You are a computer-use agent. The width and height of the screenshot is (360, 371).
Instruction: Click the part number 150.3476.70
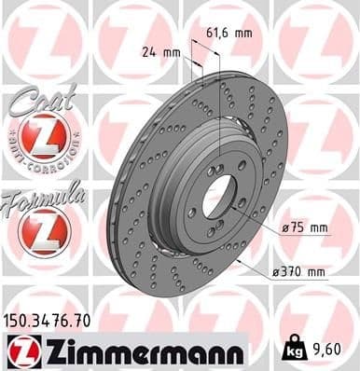coord(54,320)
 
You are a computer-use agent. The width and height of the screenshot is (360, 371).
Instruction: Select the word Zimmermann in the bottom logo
coord(140,352)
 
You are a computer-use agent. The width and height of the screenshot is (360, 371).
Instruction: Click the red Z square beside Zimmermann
coord(19,352)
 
